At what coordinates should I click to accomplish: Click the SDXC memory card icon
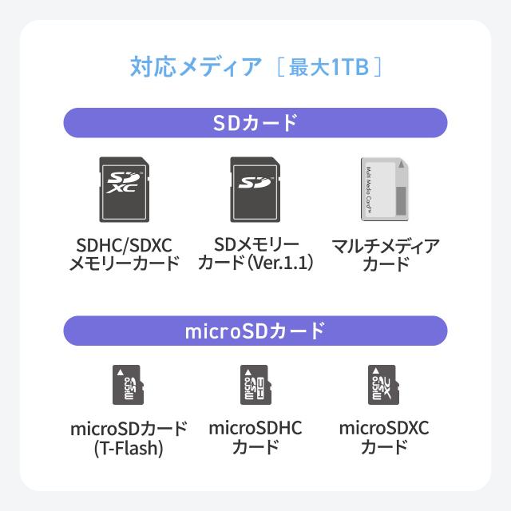[125, 189]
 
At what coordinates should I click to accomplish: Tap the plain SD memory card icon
[255, 189]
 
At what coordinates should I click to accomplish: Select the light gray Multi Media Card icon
[385, 189]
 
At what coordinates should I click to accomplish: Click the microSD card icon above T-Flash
[128, 385]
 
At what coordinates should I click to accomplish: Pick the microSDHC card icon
[255, 385]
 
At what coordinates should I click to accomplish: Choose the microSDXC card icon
[383, 385]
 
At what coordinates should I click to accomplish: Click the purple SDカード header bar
[255, 123]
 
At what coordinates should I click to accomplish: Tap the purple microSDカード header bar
[255, 331]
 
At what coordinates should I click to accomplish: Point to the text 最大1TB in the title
[329, 67]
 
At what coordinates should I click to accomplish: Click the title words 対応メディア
[196, 67]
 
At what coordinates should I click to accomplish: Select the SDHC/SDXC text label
[125, 245]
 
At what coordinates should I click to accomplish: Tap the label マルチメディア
[386, 246]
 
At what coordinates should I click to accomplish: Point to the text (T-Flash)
[129, 448]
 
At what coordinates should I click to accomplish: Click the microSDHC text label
[255, 428]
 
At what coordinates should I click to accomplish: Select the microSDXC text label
[384, 428]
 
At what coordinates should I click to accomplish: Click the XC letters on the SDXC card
[122, 188]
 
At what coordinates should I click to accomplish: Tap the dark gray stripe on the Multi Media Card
[401, 200]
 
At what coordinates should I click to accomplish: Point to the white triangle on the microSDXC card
[376, 371]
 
